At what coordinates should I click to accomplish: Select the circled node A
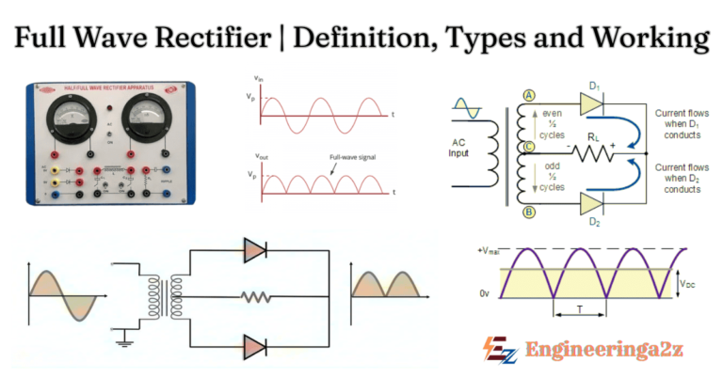527,95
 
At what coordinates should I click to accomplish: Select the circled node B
527,212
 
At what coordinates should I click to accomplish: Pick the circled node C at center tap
527,147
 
